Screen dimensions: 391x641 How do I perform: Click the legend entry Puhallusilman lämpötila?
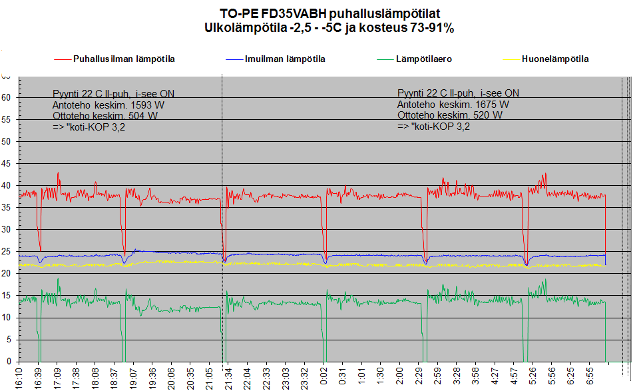tap(124, 59)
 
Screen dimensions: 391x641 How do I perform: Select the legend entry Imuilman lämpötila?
tap(285, 59)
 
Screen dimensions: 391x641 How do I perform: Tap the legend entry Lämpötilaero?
tap(424, 59)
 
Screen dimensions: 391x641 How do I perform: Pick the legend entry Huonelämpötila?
tap(555, 59)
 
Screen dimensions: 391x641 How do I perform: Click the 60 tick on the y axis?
tap(7, 97)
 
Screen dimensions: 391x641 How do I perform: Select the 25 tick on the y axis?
tap(7, 251)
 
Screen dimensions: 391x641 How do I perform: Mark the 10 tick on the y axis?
tap(7, 317)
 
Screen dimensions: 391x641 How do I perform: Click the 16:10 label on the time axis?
tap(18, 377)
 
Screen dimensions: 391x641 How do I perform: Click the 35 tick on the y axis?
tap(7, 207)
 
